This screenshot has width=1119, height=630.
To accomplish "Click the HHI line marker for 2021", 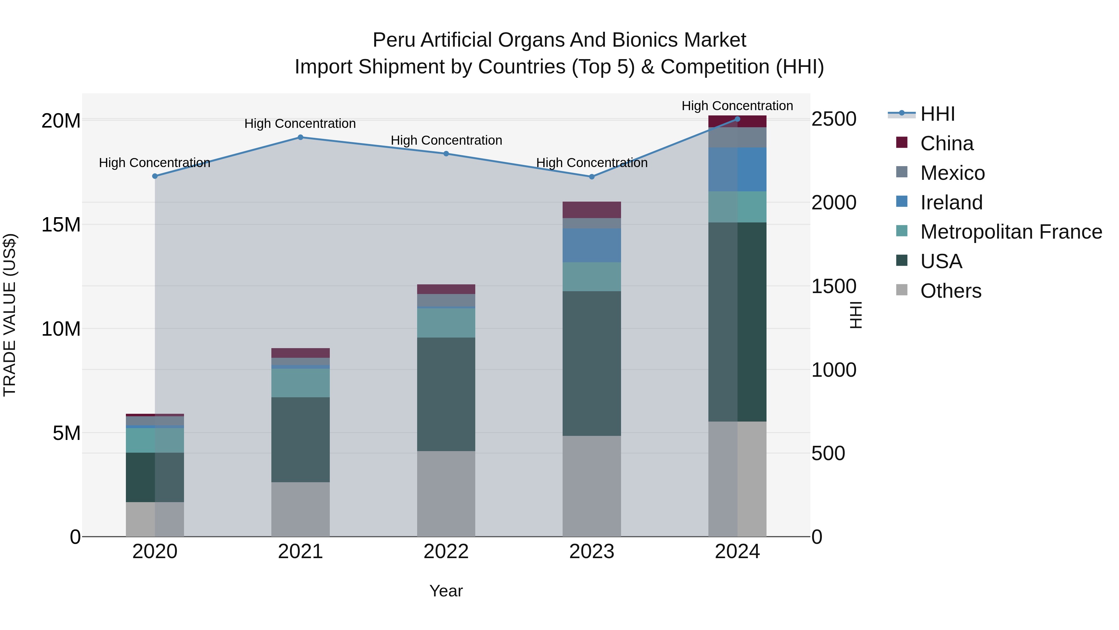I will tap(300, 138).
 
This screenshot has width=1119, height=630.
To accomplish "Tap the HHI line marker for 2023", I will tap(592, 177).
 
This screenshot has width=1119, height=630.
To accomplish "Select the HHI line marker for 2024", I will tap(737, 119).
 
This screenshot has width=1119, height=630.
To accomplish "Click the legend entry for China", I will tap(946, 143).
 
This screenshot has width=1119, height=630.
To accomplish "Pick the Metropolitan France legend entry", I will tap(1011, 232).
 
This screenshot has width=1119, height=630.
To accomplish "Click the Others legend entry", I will tap(951, 291).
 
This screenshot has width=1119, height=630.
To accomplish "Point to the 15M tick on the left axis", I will tap(61, 225).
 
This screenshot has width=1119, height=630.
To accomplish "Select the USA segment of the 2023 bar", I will tap(592, 363).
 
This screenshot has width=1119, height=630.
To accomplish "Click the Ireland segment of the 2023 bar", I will tap(592, 245).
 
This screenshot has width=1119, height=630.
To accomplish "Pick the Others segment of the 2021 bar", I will tap(300, 509).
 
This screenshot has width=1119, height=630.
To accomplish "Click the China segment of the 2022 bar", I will tap(446, 289).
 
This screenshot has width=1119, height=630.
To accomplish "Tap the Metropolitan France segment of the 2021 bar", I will tap(300, 383).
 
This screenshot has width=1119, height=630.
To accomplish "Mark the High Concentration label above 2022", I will tap(446, 140).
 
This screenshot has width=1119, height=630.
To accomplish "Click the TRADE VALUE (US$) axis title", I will tap(10, 315).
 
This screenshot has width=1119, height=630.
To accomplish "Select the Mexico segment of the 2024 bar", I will tap(737, 138).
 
